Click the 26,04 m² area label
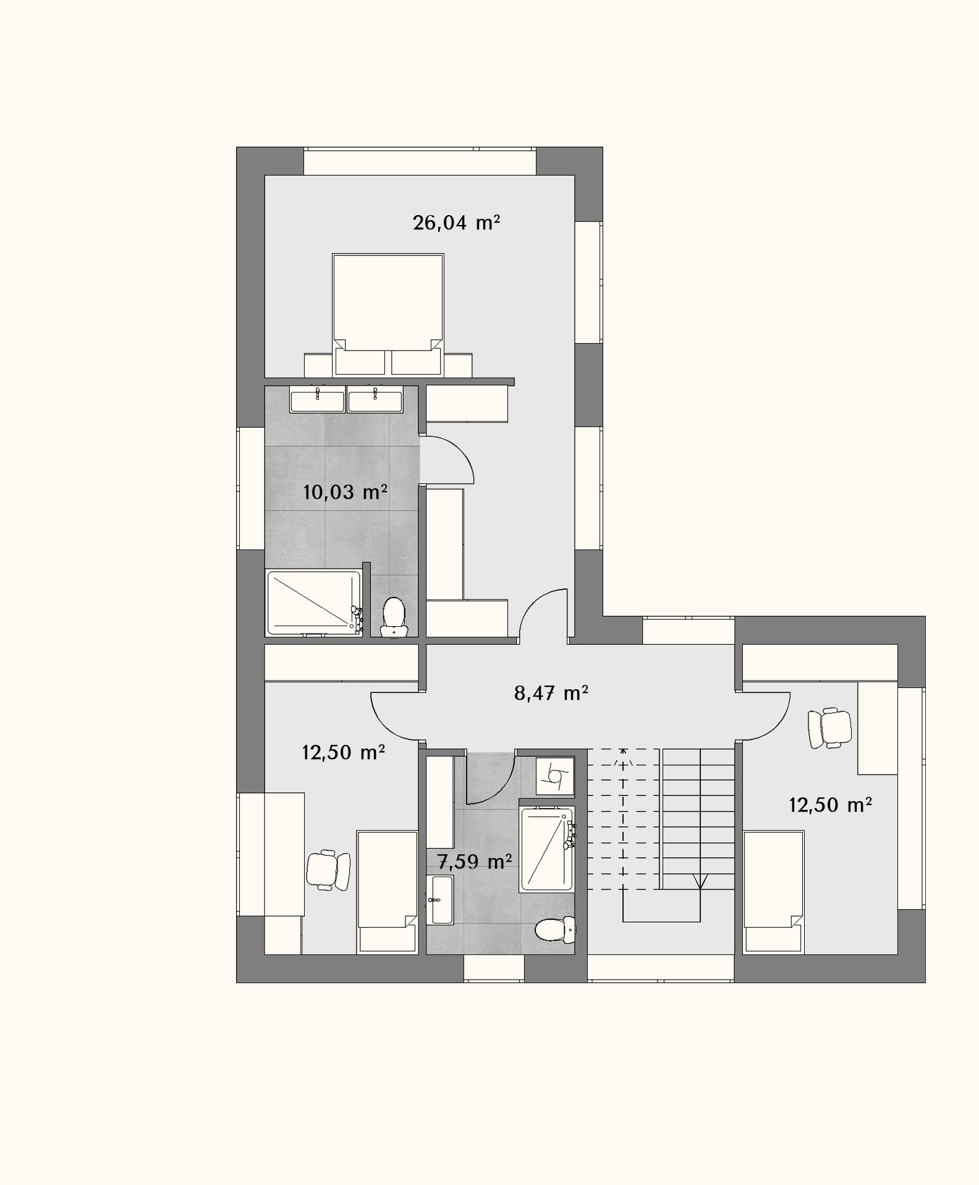point(456,223)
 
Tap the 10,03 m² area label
point(345,492)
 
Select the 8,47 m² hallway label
point(551,693)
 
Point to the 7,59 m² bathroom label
point(474,861)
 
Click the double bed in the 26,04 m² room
point(388,315)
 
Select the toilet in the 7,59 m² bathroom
point(555,930)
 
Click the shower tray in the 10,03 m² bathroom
point(314,603)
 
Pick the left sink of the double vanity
point(318,399)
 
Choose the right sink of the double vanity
point(375,399)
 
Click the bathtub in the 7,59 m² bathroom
point(547,848)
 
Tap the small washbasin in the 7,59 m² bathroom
point(439,899)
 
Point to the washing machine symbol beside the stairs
point(555,775)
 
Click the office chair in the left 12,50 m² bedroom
point(328,870)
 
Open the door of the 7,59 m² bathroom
point(489,777)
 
